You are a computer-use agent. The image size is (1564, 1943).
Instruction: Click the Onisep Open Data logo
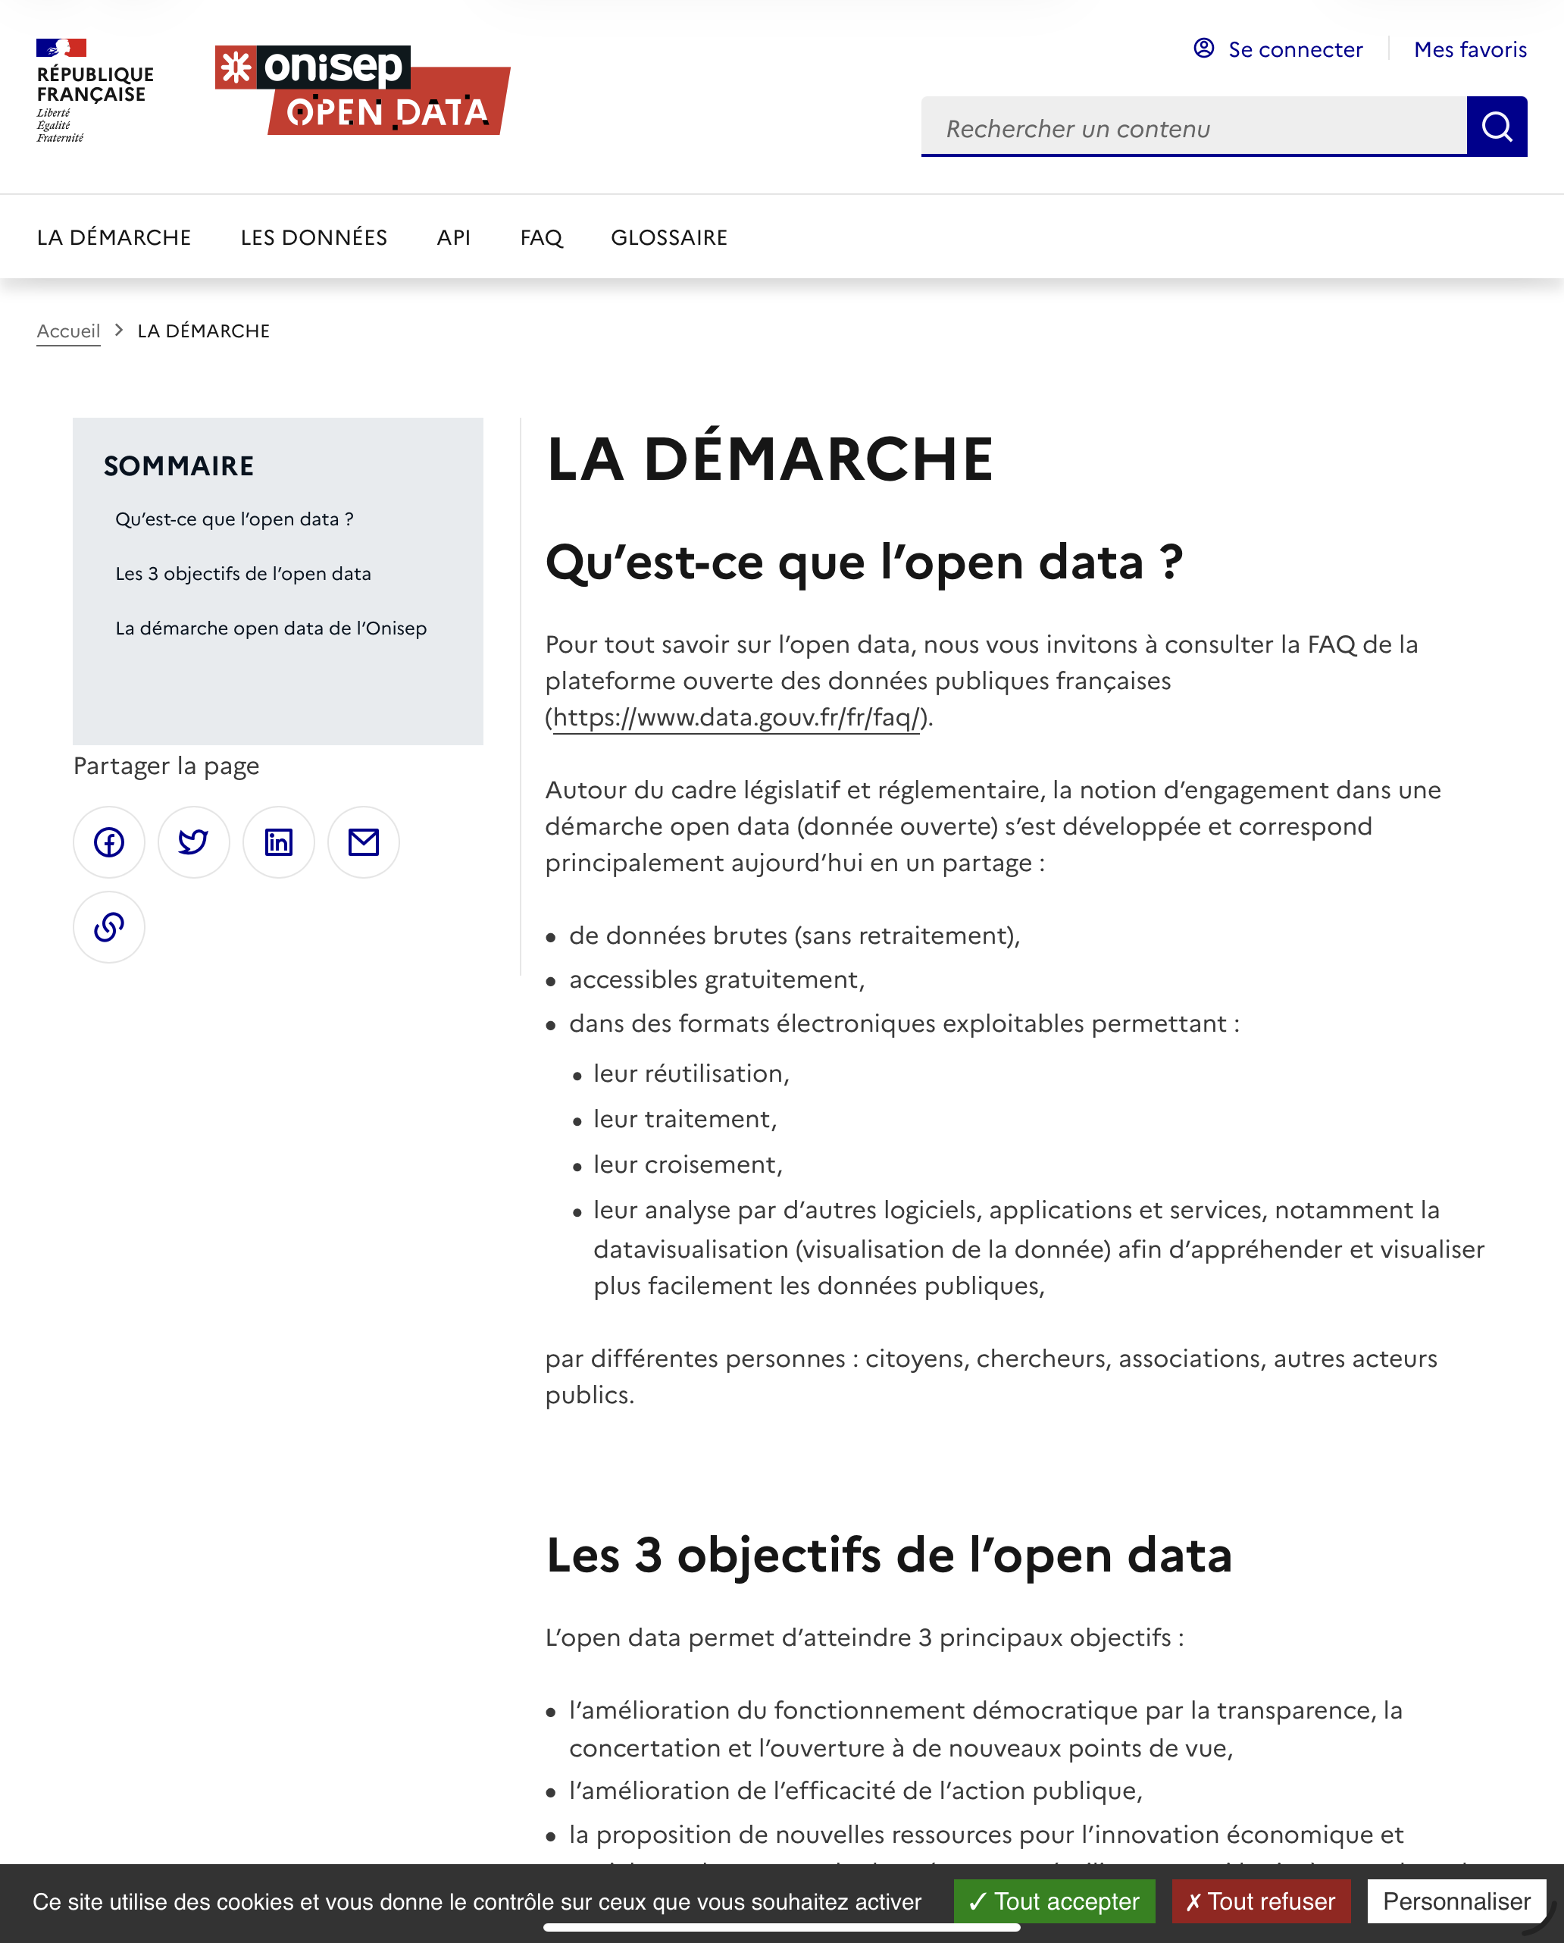click(x=362, y=90)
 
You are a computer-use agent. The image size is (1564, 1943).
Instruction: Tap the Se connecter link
click(x=1278, y=49)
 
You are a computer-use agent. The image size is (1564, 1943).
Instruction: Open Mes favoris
click(x=1469, y=49)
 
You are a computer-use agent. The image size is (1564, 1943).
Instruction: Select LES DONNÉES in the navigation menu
click(x=314, y=238)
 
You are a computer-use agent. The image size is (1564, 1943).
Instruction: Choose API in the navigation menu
click(x=453, y=238)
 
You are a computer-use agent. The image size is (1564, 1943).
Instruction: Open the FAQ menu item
click(x=540, y=238)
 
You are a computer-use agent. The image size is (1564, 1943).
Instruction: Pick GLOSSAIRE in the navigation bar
click(x=668, y=238)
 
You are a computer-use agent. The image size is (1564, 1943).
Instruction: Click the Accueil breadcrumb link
click(x=68, y=331)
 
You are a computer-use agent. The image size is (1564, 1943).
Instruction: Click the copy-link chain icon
click(x=109, y=927)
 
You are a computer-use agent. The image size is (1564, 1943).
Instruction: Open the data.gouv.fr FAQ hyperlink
click(x=735, y=718)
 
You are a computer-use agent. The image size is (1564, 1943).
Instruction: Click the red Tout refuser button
click(x=1260, y=1901)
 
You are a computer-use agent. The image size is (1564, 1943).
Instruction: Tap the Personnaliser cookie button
click(x=1456, y=1901)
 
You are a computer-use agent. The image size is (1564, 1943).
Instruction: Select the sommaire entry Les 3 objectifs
click(x=243, y=574)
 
